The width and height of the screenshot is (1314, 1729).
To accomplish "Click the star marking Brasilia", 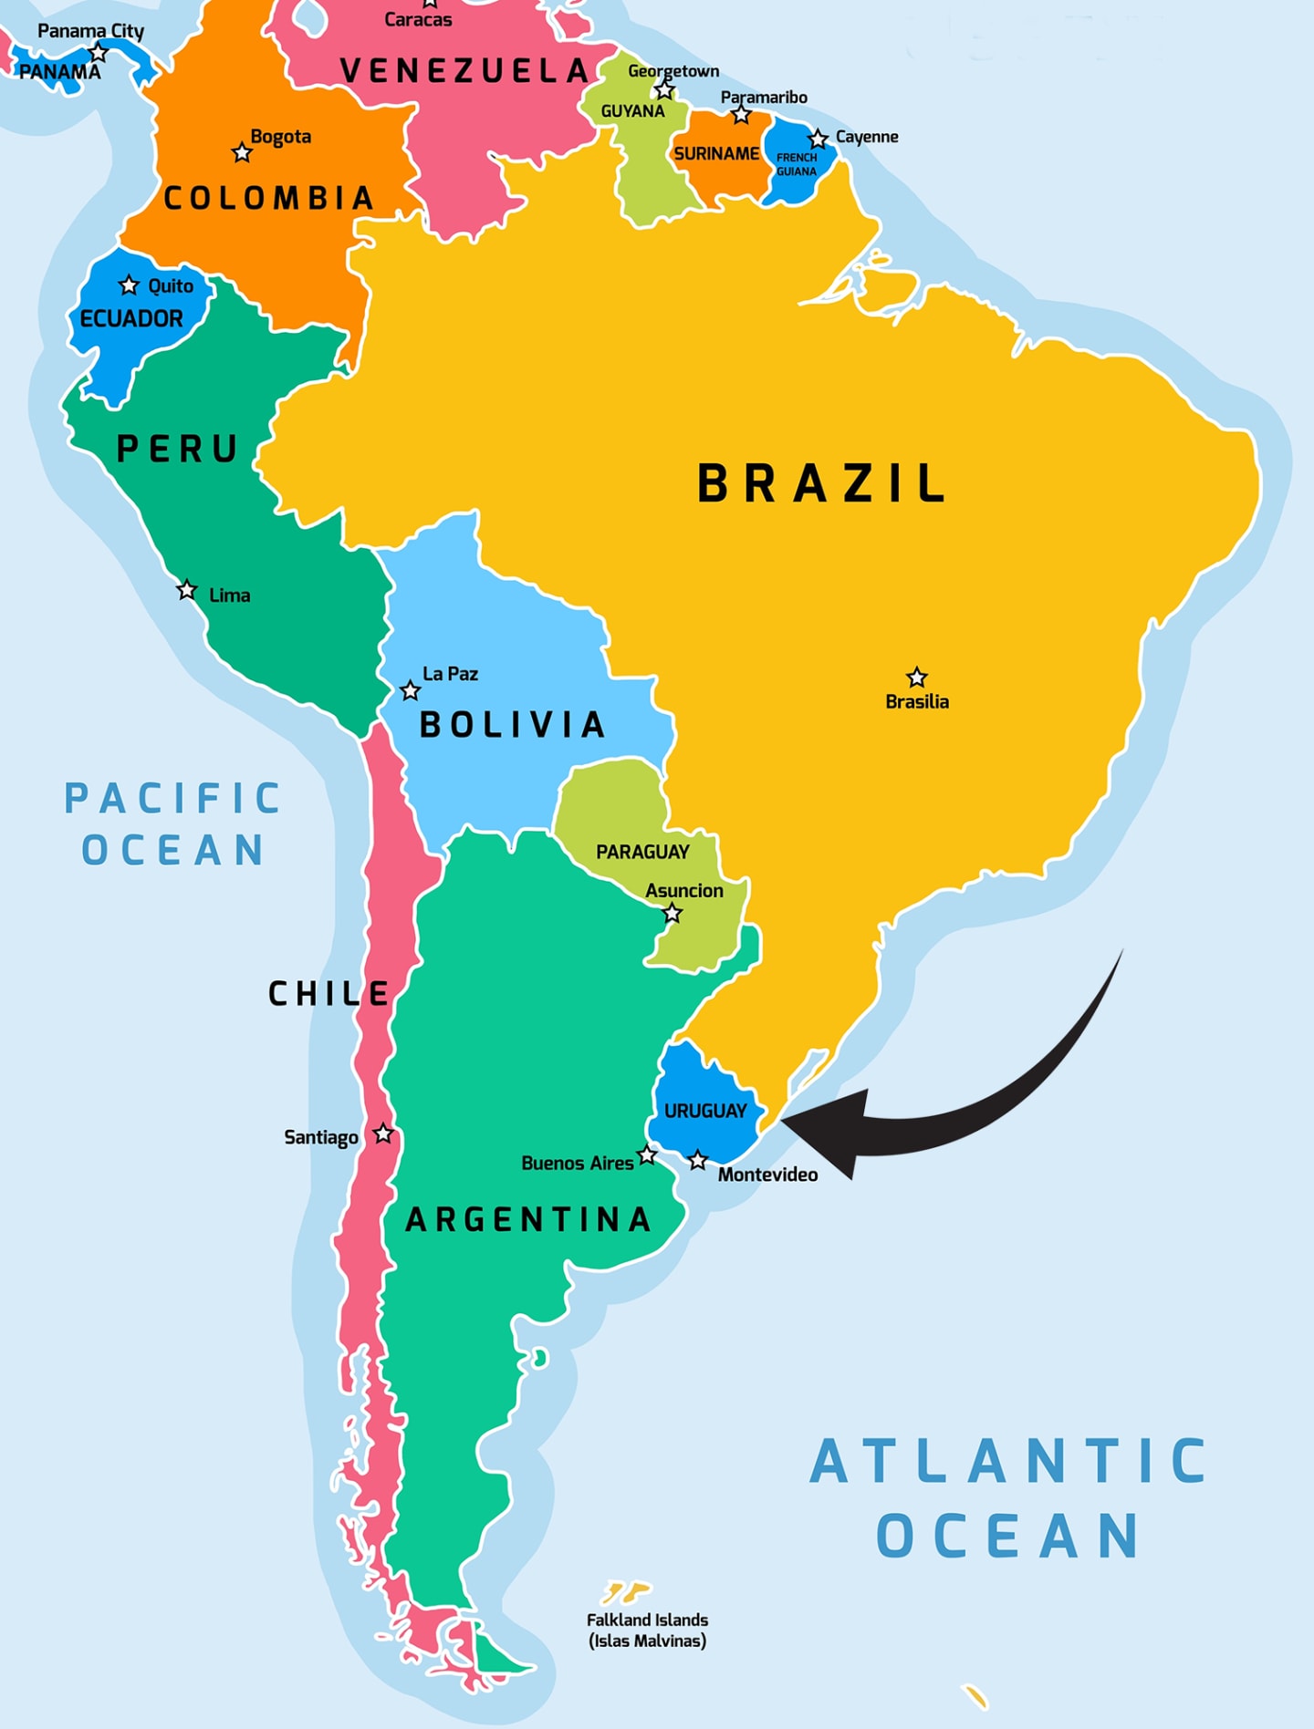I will click(916, 677).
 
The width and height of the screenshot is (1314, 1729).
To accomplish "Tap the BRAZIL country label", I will click(821, 483).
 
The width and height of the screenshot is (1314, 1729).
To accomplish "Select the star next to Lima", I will click(187, 590).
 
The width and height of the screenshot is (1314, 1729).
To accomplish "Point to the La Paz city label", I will click(450, 674).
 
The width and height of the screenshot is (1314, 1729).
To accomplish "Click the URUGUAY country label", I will click(705, 1111).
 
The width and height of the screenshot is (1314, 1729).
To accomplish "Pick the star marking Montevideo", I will click(698, 1160).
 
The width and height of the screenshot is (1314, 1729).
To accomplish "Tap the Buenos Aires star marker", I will click(647, 1155).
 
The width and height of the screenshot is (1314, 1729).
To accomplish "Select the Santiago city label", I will click(321, 1137).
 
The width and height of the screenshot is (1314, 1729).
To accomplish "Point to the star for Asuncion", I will click(673, 913).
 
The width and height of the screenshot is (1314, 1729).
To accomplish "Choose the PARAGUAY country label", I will click(642, 852).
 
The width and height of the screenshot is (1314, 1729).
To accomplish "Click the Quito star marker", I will click(129, 285).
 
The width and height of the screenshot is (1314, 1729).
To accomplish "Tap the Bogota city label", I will click(281, 137).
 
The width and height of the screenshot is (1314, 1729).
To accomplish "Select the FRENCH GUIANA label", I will click(797, 164).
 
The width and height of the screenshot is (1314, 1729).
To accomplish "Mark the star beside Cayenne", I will click(819, 139).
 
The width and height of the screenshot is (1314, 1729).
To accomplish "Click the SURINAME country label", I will click(716, 153).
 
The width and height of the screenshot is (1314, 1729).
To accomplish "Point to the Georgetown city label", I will click(673, 71).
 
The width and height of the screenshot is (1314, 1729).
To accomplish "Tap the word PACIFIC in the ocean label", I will click(172, 799).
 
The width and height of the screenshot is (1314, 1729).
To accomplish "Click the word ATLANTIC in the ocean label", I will click(1008, 1462).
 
